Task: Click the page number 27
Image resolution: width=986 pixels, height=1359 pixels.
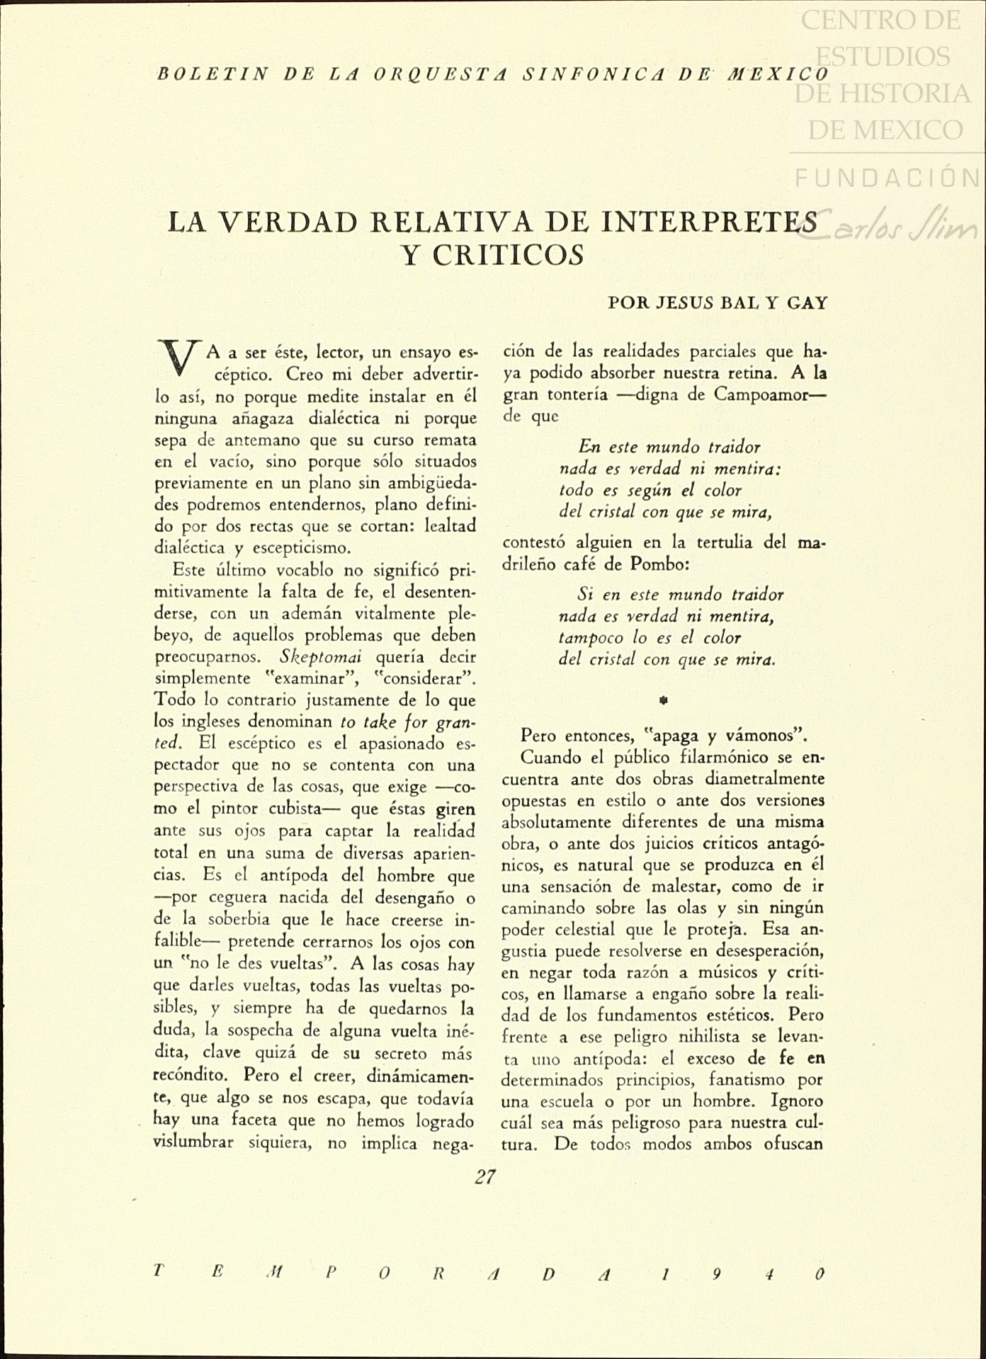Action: coord(485,1177)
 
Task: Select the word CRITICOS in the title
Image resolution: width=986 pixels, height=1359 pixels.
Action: coord(493,255)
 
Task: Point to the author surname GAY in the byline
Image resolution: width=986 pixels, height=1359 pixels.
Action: coord(807,303)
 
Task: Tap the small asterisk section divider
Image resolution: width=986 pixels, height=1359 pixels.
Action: coord(664,700)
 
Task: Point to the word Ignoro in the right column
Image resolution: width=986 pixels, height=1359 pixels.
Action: coord(797,1102)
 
